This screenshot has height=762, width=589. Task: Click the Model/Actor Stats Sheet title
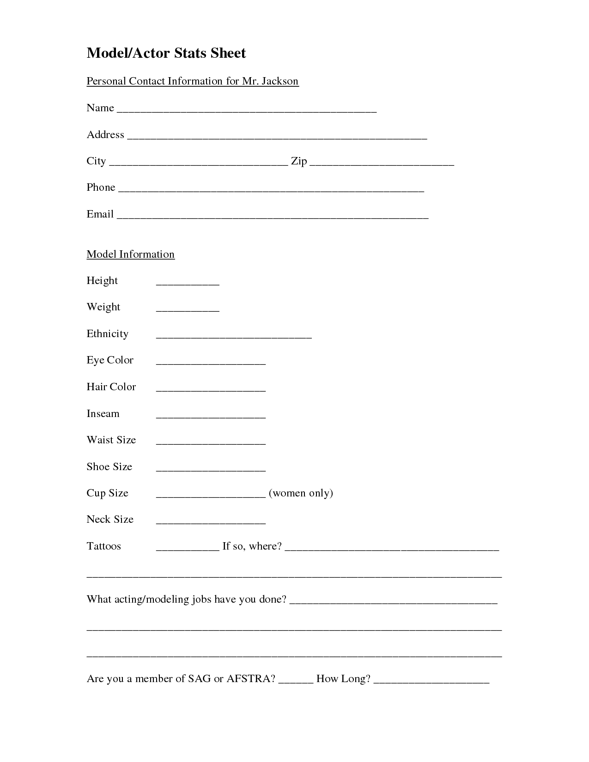tap(166, 54)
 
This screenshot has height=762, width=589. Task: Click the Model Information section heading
tap(130, 254)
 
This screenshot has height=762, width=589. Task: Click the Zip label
tap(299, 161)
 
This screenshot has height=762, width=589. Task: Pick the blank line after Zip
tap(382, 164)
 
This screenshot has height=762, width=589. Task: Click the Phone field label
tap(101, 187)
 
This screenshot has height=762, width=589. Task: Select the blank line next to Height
tap(188, 284)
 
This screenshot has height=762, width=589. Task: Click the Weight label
tap(103, 308)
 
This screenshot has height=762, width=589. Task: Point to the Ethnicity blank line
tap(234, 337)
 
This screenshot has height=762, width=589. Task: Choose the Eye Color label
tap(110, 360)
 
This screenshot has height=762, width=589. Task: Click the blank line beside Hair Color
tap(211, 390)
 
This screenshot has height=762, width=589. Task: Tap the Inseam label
tap(103, 414)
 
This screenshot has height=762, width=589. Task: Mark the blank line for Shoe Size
tap(211, 470)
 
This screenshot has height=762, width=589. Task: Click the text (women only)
tap(301, 493)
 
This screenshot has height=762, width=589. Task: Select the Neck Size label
tap(110, 520)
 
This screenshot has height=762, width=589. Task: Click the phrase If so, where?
tap(252, 546)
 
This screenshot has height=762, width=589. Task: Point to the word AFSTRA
tap(251, 679)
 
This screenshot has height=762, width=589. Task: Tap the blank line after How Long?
tap(431, 682)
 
